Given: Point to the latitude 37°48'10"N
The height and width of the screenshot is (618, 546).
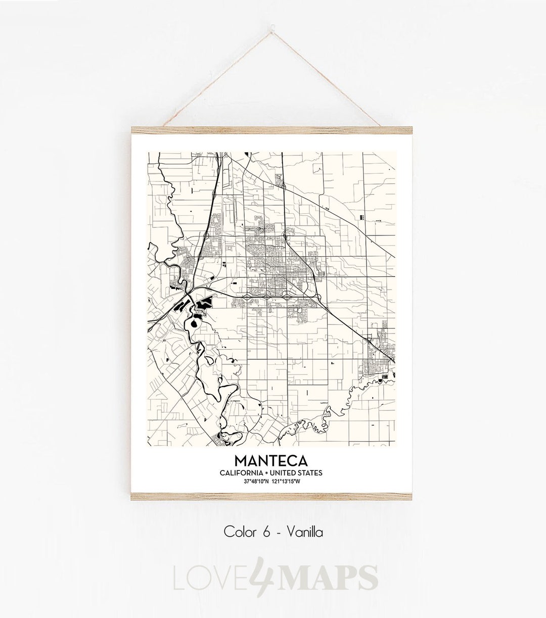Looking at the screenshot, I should [256, 481].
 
